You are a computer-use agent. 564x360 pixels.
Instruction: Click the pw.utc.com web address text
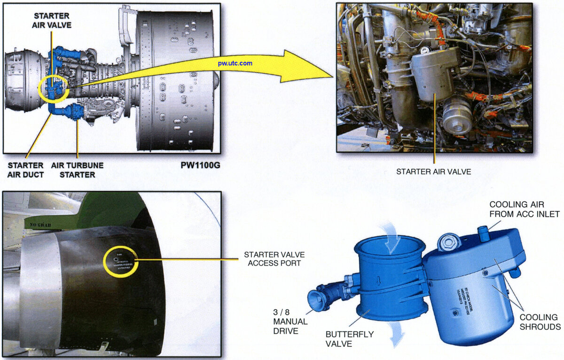pos(235,63)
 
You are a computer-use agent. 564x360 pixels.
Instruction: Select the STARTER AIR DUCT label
pos(25,170)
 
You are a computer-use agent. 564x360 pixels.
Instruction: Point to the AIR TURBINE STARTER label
pos(77,170)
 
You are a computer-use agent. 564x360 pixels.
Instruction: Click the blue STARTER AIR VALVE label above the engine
pos(51,20)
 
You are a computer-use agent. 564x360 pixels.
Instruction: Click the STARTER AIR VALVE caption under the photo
pos(433,172)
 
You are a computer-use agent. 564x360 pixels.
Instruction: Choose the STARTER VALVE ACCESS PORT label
pos(274,259)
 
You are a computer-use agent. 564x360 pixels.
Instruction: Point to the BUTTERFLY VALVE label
pos(350,339)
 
